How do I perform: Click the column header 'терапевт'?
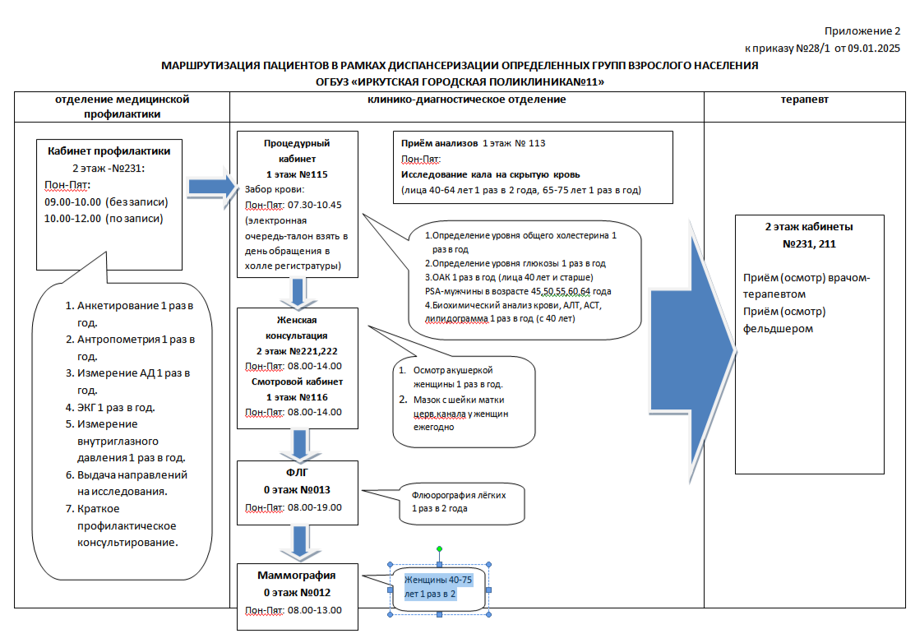804,99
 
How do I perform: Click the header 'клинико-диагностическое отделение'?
466,99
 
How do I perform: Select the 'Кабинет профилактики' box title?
109,150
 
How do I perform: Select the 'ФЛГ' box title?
296,473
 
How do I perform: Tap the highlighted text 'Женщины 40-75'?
438,580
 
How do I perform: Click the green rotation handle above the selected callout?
440,548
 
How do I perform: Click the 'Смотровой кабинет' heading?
296,381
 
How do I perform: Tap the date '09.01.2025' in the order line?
875,48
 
